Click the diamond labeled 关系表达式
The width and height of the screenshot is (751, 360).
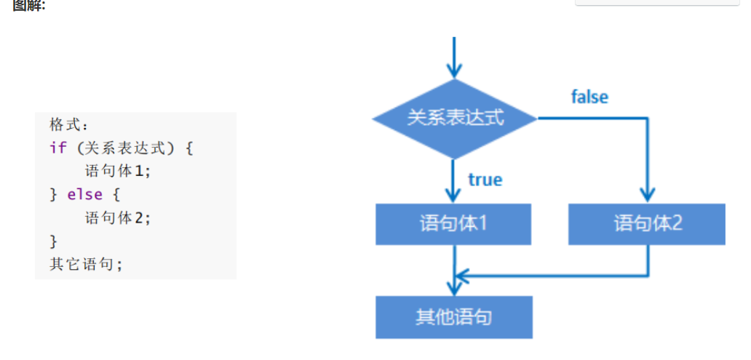(x=455, y=118)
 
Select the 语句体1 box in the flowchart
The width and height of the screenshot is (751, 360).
(x=453, y=224)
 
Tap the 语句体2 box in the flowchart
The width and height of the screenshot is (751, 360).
(x=647, y=224)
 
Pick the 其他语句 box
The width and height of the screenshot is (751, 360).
(x=453, y=317)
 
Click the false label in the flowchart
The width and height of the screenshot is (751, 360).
(x=589, y=97)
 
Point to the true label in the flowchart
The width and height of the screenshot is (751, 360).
(x=485, y=180)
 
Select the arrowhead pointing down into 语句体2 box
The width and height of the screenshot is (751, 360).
(x=647, y=194)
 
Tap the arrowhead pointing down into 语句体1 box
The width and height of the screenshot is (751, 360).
(x=454, y=194)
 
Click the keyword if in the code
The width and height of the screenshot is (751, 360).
(x=57, y=148)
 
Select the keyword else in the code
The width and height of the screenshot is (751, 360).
(x=84, y=195)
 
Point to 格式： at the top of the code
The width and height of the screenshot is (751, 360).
(x=68, y=124)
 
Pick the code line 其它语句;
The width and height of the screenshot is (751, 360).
(x=86, y=264)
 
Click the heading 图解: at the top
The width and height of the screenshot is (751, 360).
(x=29, y=6)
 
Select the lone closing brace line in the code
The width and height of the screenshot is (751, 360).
(x=53, y=241)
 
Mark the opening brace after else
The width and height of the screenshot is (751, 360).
(x=116, y=195)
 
